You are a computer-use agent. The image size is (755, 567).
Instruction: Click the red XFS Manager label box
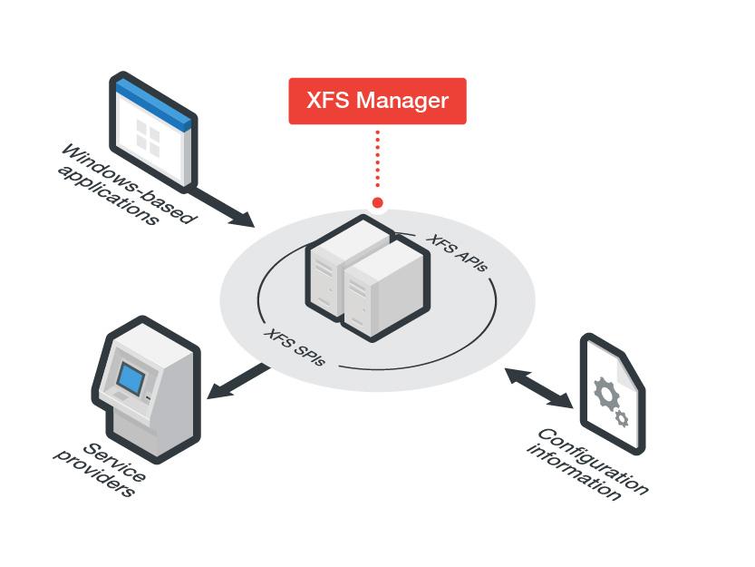tap(377, 101)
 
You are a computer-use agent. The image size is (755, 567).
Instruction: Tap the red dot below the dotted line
tap(377, 202)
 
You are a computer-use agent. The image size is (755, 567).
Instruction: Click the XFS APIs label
tap(457, 253)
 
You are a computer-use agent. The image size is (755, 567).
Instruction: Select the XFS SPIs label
tap(295, 347)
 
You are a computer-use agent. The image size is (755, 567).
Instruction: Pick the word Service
tap(114, 463)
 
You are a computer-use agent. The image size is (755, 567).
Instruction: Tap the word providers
tap(94, 474)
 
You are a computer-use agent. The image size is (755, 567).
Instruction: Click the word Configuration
tap(593, 461)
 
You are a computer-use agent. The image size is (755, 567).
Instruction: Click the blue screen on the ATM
tap(131, 378)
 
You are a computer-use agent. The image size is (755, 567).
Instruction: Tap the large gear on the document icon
tap(605, 394)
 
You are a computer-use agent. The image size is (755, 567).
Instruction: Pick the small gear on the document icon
tap(622, 418)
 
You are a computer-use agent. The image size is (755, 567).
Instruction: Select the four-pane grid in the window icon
tap(148, 137)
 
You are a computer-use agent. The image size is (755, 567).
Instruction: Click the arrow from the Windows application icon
tap(222, 208)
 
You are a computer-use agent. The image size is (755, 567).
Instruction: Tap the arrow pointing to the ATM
tap(238, 381)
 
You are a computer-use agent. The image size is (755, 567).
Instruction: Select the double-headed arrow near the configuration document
tap(539, 388)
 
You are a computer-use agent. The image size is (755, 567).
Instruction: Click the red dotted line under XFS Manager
tap(377, 159)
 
